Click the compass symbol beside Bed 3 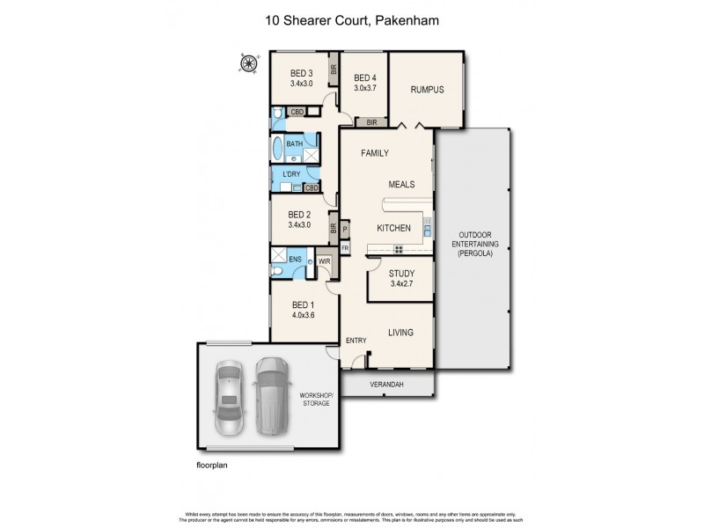point(249,62)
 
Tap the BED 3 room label point(302,73)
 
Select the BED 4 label point(365,78)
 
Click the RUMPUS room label point(426,90)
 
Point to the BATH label point(294,143)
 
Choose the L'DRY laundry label point(291,173)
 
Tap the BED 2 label point(300,214)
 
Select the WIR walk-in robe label point(323,261)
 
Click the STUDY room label point(401,273)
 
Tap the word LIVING point(400,332)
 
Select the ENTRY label point(356,341)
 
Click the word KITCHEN point(394,228)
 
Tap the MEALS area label point(400,184)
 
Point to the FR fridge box point(345,248)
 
